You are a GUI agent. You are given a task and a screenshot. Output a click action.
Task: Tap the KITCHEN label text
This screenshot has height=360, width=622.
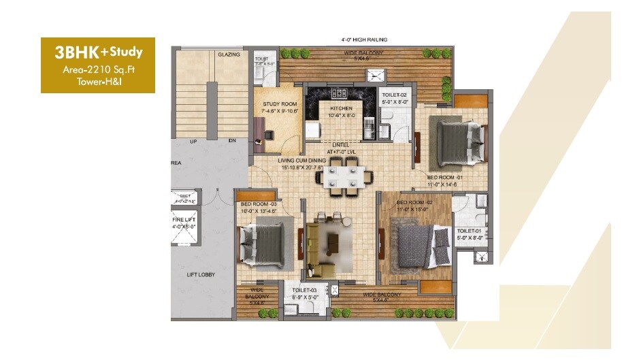[x=340, y=109]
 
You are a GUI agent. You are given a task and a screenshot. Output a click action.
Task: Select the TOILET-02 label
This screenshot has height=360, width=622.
[x=394, y=95]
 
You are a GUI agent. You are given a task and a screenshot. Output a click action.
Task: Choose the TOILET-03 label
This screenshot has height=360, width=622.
[x=300, y=291]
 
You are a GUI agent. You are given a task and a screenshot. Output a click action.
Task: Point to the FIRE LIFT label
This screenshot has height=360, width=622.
[x=184, y=220]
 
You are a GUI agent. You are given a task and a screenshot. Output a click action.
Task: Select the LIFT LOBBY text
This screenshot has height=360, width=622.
[x=201, y=275]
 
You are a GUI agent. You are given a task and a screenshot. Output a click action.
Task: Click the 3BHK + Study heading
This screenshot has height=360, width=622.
[x=98, y=50]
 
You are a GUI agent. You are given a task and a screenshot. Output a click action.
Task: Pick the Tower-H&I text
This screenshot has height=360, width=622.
[x=98, y=82]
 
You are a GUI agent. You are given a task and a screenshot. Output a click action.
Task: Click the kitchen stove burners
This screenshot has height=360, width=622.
[x=338, y=93]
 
